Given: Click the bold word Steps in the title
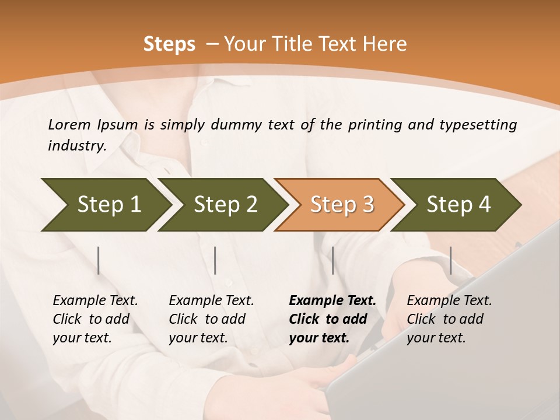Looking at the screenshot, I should click(x=169, y=44).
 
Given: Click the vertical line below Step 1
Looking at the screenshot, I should click(x=99, y=260).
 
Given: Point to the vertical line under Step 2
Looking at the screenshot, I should click(x=215, y=260).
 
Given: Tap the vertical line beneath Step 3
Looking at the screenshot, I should click(x=332, y=260).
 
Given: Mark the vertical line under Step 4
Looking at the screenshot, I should click(x=450, y=260).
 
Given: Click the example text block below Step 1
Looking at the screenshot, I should click(x=95, y=319).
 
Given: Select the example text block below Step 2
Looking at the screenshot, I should click(x=211, y=319).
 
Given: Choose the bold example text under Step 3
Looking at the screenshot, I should click(x=332, y=319).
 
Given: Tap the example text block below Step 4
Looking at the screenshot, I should click(x=449, y=319).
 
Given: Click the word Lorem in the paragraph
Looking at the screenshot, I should click(x=69, y=124).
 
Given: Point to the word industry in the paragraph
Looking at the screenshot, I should click(x=77, y=146).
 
